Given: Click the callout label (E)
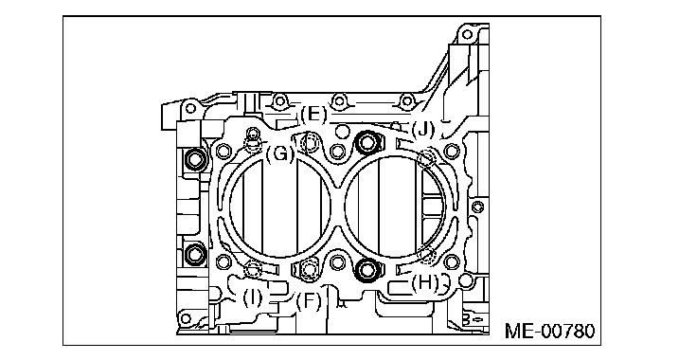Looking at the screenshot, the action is tap(313, 116).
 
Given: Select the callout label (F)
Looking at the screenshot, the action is tap(309, 302).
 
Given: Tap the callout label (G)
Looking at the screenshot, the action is tap(280, 154).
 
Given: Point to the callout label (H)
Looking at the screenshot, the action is tap(424, 283).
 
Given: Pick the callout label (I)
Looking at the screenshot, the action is tap(253, 297).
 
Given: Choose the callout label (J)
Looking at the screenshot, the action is tap(422, 130).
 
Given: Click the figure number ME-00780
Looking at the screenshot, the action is tap(549, 332).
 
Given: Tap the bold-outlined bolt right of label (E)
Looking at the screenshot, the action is tap(367, 142).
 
